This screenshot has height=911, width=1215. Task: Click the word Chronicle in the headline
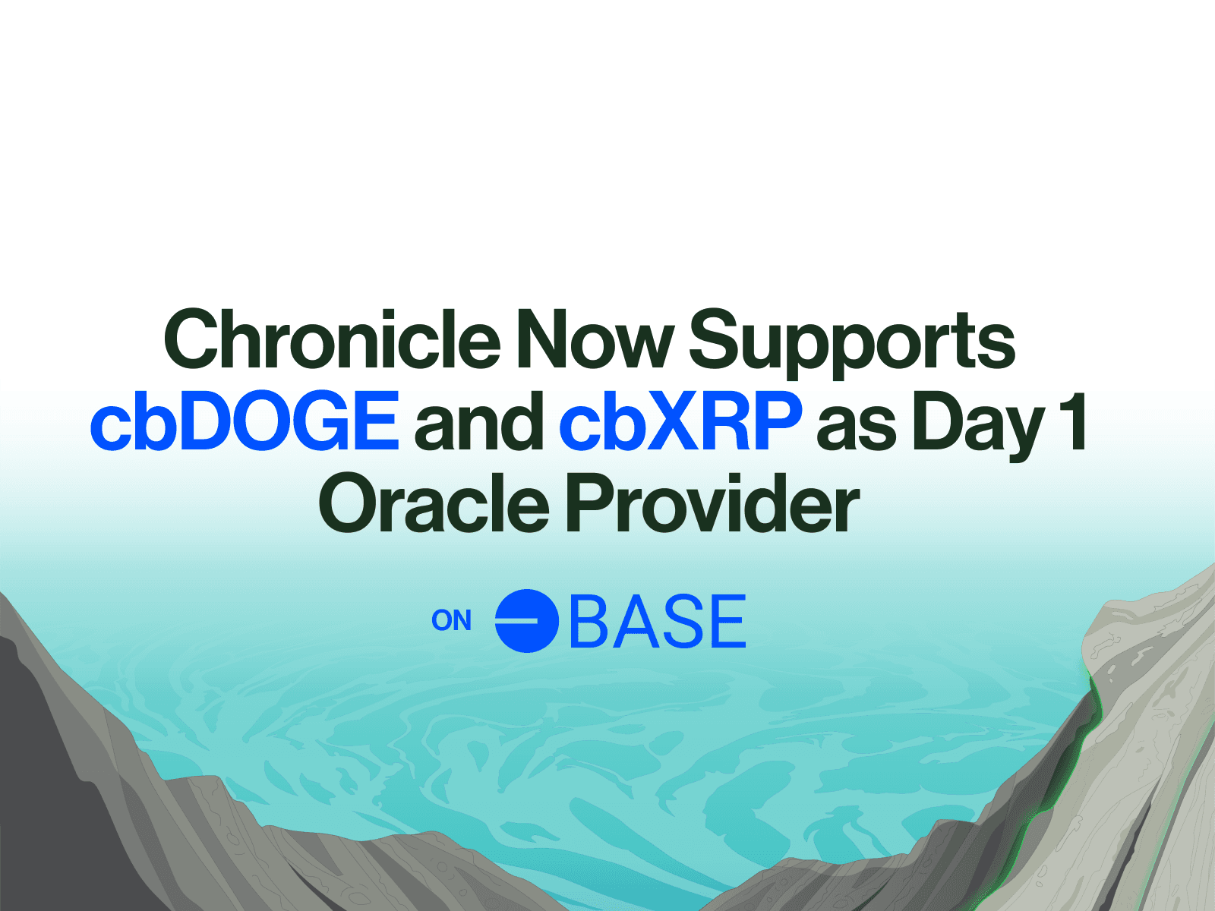point(332,339)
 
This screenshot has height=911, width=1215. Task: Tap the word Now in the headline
point(595,339)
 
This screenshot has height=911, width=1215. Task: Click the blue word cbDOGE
point(245,421)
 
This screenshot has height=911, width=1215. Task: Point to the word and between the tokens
point(479,421)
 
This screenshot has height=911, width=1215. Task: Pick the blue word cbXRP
point(681,421)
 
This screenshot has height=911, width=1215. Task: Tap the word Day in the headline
point(979,426)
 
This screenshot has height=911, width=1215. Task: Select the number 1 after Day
point(1074,421)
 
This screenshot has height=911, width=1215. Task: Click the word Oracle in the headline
point(434,503)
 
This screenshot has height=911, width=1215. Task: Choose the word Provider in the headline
point(712,503)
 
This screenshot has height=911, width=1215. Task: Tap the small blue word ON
point(452,620)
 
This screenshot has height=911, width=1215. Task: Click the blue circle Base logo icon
point(526,620)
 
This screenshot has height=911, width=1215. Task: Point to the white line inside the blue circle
point(517,620)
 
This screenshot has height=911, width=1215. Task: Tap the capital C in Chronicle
point(191,339)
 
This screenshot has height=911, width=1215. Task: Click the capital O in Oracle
point(349,503)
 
